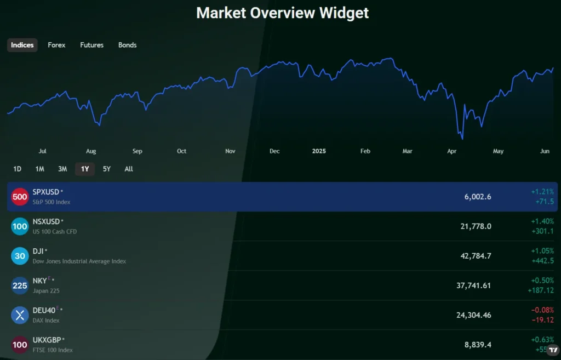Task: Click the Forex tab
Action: pos(56,45)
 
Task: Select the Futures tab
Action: pos(91,45)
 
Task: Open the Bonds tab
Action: pos(127,45)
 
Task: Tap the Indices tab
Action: pos(22,45)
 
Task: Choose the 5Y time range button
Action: pos(107,169)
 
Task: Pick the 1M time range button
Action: pos(39,169)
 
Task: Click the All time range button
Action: pos(129,169)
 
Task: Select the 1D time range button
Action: pos(17,169)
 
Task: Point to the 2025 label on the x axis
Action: pos(319,151)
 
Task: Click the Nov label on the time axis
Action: pos(231,151)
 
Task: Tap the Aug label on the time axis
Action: pos(91,151)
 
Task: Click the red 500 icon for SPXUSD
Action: pos(20,197)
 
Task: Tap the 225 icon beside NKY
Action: pos(20,285)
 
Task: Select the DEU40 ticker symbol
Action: pos(44,310)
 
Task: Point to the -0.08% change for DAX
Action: pos(542,310)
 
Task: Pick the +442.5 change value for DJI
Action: pos(542,261)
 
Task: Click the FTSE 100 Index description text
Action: pos(53,350)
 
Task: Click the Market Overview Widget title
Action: pos(283,13)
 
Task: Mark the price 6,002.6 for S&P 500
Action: pos(477,197)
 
